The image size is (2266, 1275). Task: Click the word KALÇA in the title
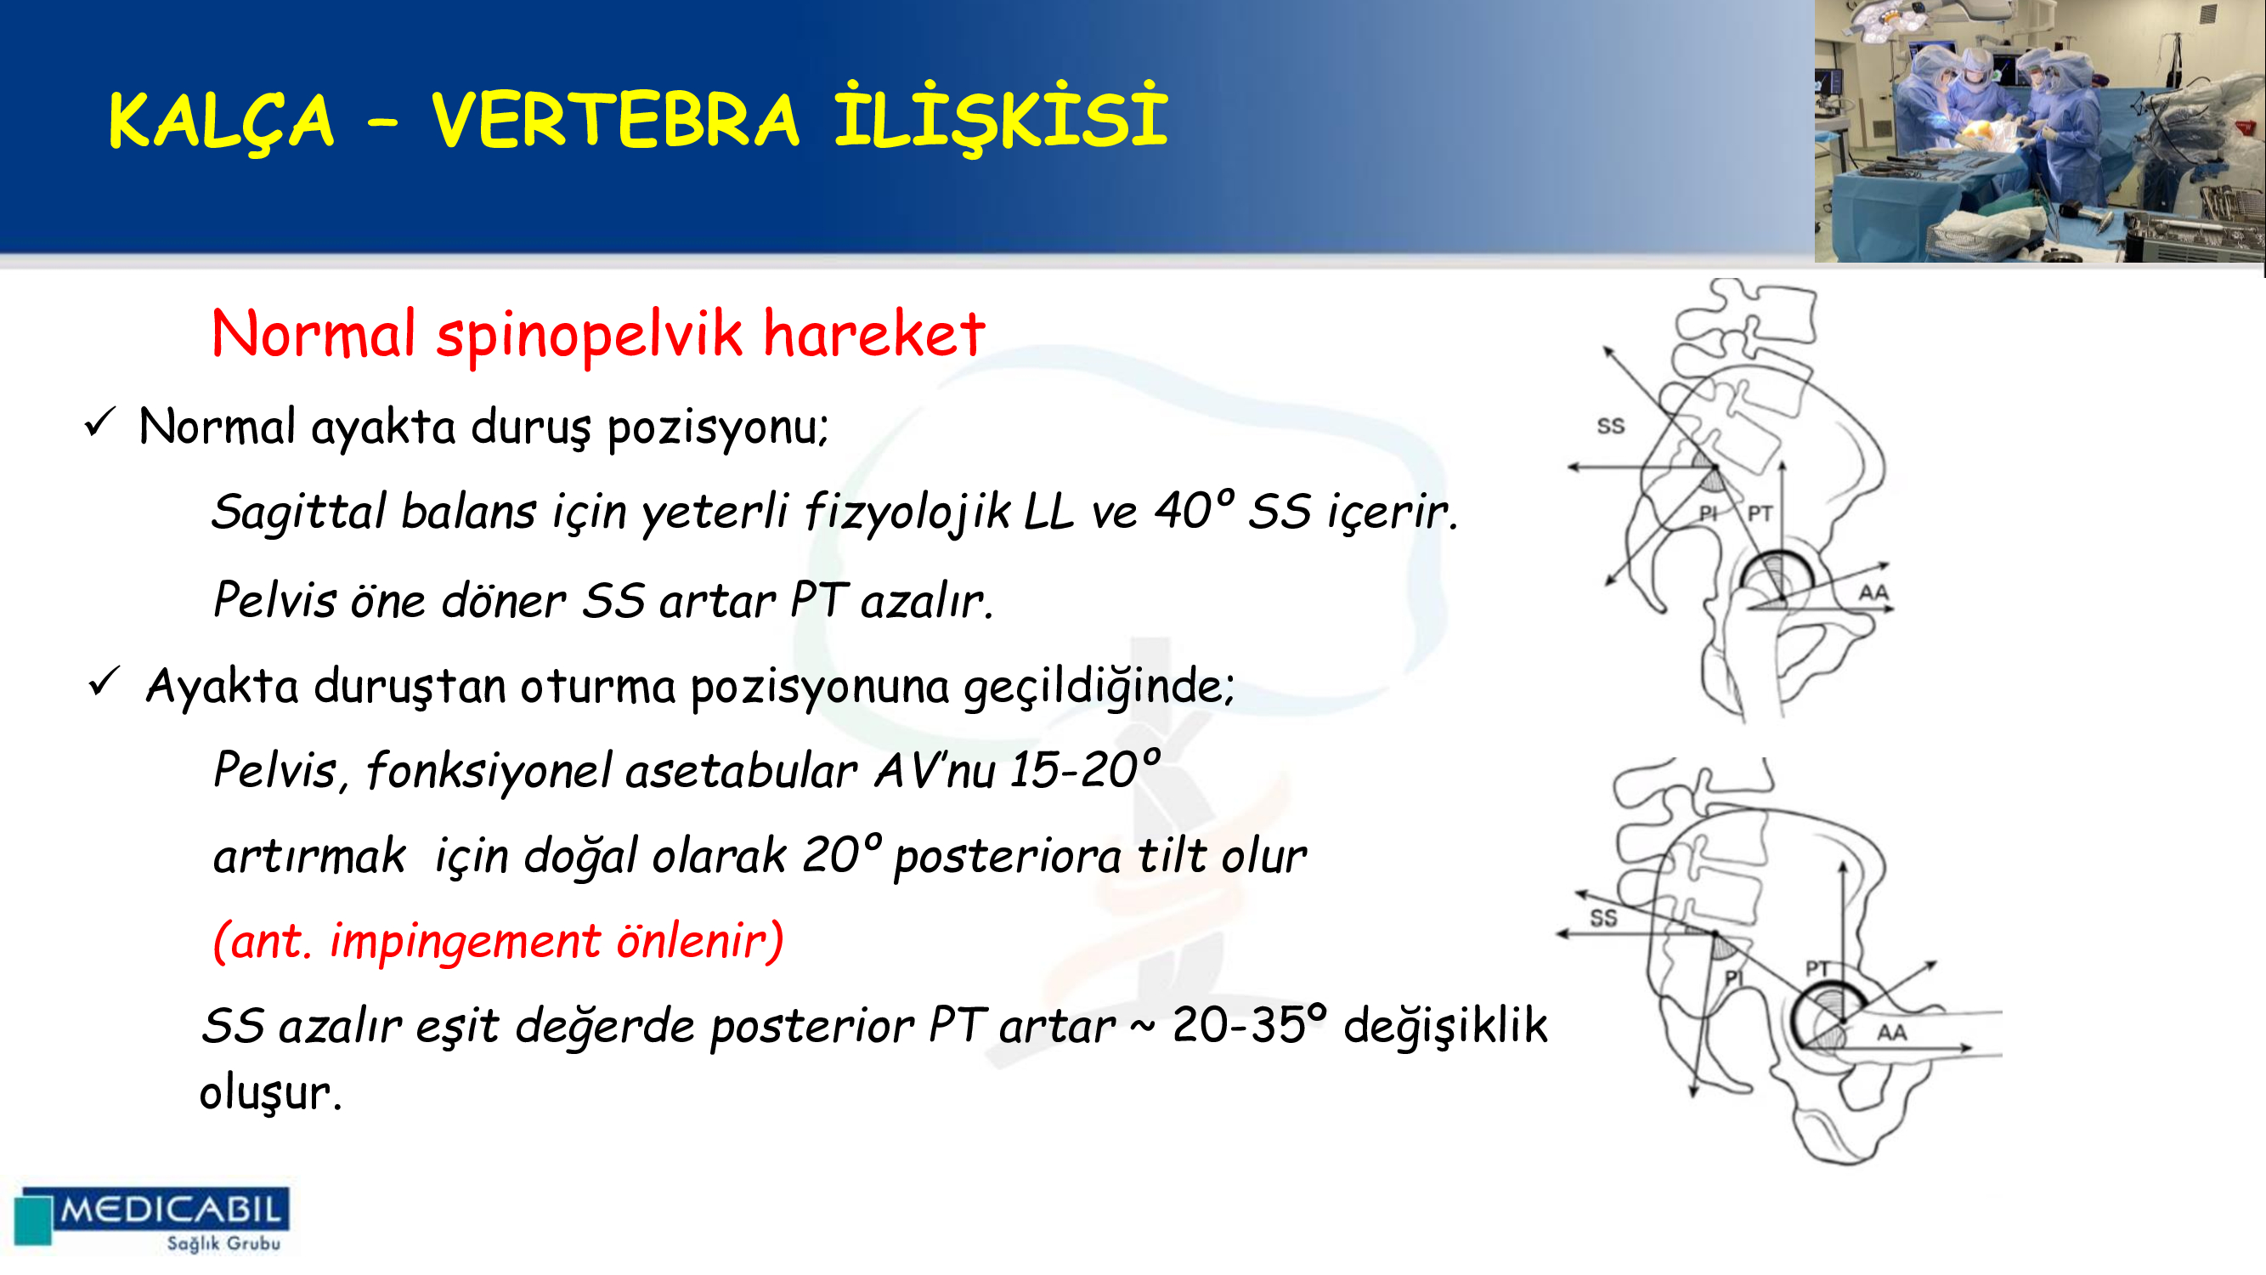click(221, 122)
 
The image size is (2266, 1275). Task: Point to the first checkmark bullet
click(99, 422)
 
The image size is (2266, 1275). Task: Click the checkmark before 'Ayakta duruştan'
click(104, 682)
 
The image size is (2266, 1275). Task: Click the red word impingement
click(465, 942)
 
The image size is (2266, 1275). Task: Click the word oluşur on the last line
click(270, 1093)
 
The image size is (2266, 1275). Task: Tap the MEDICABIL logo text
click(171, 1210)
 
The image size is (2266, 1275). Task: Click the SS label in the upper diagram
click(1611, 426)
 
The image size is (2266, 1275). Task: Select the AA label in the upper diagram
click(1873, 592)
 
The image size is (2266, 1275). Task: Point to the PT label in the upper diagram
click(1760, 513)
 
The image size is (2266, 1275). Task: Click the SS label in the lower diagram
click(1602, 918)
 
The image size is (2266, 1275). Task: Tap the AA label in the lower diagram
click(1892, 1032)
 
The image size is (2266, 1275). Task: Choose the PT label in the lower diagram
click(1817, 969)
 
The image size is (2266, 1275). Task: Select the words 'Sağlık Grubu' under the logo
click(223, 1244)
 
